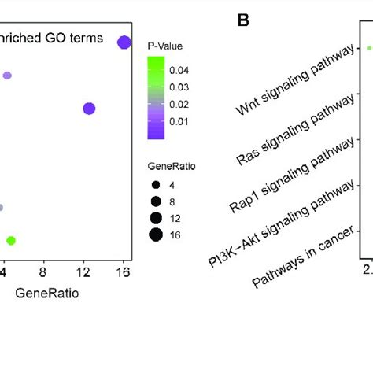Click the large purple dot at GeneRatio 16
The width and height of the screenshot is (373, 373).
pos(124,42)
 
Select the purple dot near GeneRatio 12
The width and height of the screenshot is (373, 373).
pos(89,109)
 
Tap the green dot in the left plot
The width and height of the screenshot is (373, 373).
pos(11,240)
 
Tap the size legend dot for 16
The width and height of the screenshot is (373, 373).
pos(156,234)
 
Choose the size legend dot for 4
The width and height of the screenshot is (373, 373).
pos(156,184)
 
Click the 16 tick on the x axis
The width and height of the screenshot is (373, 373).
pos(124,272)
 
